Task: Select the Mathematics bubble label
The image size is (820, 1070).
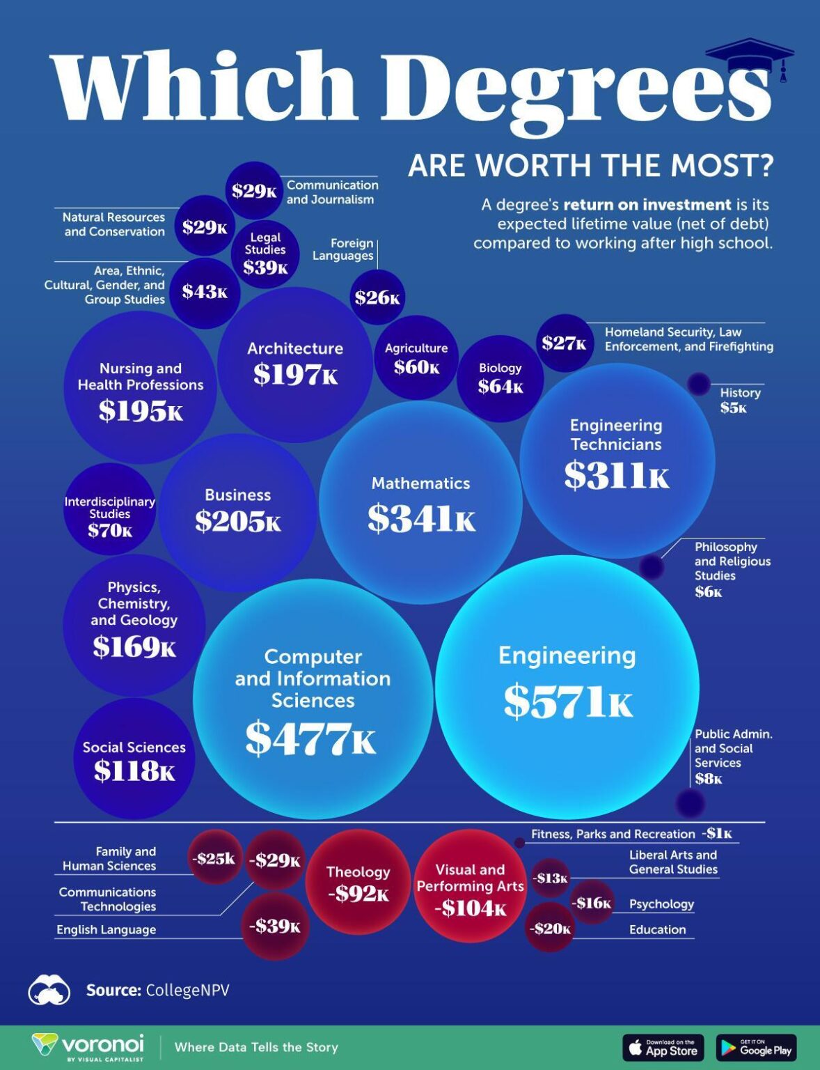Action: [420, 483]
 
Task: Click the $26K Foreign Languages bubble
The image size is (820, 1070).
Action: [377, 297]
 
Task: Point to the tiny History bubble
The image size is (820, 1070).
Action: [698, 383]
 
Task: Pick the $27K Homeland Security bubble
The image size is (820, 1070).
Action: [564, 343]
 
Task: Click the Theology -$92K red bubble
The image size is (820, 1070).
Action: [358, 882]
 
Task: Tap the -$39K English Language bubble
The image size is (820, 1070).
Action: [275, 926]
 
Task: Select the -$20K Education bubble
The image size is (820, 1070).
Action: [549, 928]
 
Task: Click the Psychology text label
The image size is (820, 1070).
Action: [661, 904]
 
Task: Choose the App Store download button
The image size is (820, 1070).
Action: [663, 1048]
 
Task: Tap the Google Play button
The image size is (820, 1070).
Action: [756, 1048]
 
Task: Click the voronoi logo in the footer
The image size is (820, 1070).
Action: [89, 1046]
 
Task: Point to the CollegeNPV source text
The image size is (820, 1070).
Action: [187, 990]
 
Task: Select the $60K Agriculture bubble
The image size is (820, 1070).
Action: [416, 358]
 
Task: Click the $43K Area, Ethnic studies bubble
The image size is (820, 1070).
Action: [205, 291]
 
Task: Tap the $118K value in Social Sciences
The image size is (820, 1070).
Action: [134, 770]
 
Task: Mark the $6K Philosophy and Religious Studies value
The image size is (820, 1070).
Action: [708, 592]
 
